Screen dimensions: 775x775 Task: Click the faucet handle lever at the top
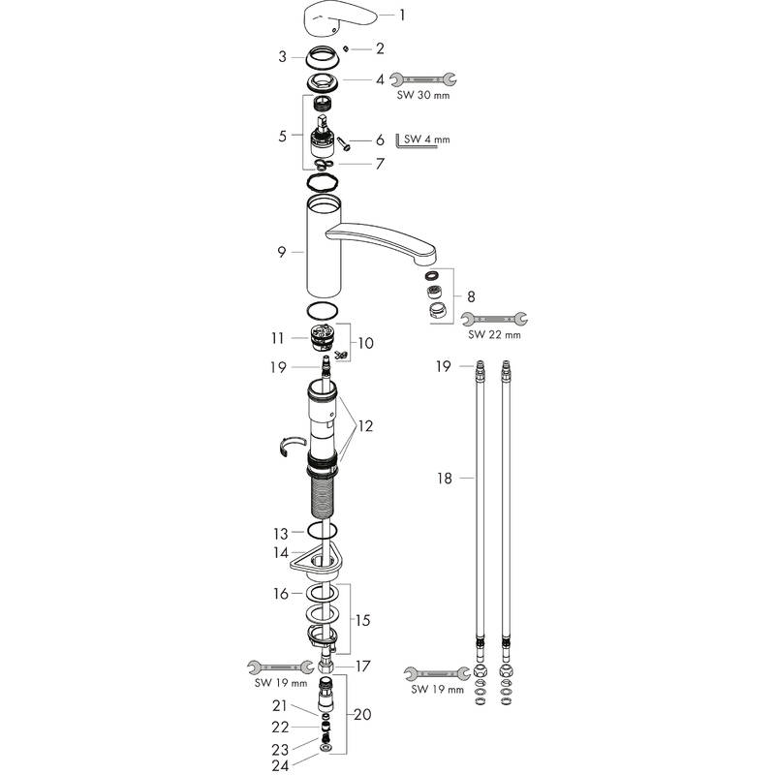[x=333, y=19]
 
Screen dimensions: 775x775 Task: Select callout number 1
[x=405, y=15]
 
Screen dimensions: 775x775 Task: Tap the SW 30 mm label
[x=424, y=96]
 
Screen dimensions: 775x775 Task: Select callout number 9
[x=281, y=252]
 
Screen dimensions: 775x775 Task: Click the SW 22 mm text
[x=493, y=334]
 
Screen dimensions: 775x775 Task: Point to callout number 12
[x=366, y=425]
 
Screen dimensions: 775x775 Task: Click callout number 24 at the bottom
[x=281, y=764]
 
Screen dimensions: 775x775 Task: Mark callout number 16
[x=281, y=593]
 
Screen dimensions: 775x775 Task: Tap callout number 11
[x=277, y=338]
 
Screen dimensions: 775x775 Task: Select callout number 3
[x=283, y=58]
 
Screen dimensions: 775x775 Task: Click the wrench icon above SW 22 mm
[x=493, y=318]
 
